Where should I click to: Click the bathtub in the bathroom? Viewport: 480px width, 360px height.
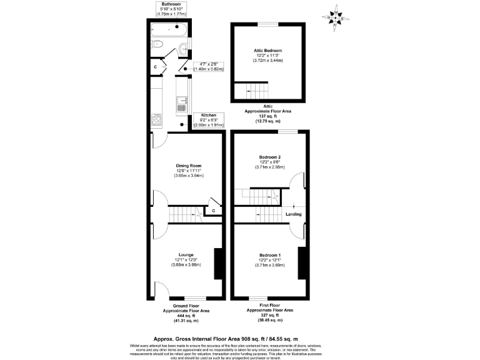coord(168,29)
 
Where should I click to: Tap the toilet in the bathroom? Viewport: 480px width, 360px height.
coord(157,44)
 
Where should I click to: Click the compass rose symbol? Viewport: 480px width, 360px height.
coord(337,18)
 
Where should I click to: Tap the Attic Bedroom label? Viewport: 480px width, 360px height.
coord(267,51)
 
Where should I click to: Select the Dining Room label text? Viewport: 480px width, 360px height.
coord(187,165)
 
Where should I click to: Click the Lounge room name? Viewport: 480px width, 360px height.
coord(186,254)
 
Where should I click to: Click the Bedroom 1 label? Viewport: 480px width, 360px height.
coord(270,255)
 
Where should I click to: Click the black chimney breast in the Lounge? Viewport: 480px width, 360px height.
coord(218,264)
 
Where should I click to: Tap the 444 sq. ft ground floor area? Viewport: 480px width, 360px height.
coord(186,316)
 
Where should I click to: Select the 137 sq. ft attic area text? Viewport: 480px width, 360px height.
coord(268,116)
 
